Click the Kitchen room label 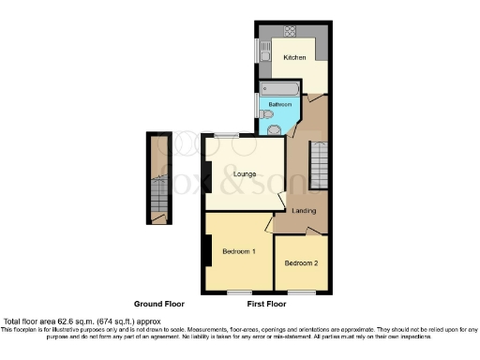pos(294,58)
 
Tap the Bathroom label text pos(279,103)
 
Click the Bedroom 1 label pos(239,251)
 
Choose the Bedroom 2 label pos(301,263)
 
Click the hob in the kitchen pos(290,31)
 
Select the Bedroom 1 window pos(240,292)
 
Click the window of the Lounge pos(224,137)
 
